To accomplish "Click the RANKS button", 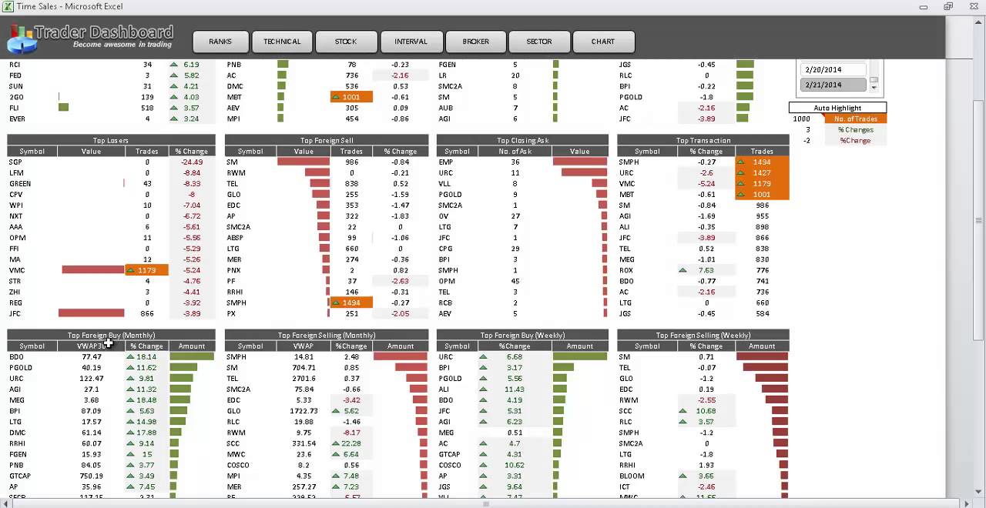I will pyautogui.click(x=220, y=42).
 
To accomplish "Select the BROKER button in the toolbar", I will pyautogui.click(x=475, y=42).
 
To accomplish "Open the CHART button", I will pyautogui.click(x=603, y=42).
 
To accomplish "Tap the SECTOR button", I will pyautogui.click(x=539, y=42).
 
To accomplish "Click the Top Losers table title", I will pyautogui.click(x=110, y=141).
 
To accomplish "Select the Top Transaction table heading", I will pyautogui.click(x=703, y=141).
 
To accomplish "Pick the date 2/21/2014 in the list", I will pyautogui.click(x=822, y=85).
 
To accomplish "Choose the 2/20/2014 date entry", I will pyautogui.click(x=822, y=69).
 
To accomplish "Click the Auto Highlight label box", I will pyautogui.click(x=837, y=108).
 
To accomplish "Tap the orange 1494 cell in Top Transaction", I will pyautogui.click(x=762, y=162).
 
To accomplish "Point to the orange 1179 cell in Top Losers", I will pyautogui.click(x=146, y=270).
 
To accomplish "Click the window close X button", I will pyautogui.click(x=972, y=7).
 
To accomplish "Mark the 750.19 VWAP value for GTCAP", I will pyautogui.click(x=91, y=476).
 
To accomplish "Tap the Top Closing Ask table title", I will pyautogui.click(x=522, y=141).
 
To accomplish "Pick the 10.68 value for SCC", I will pyautogui.click(x=706, y=411).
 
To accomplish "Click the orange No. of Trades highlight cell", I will pyautogui.click(x=855, y=119).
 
